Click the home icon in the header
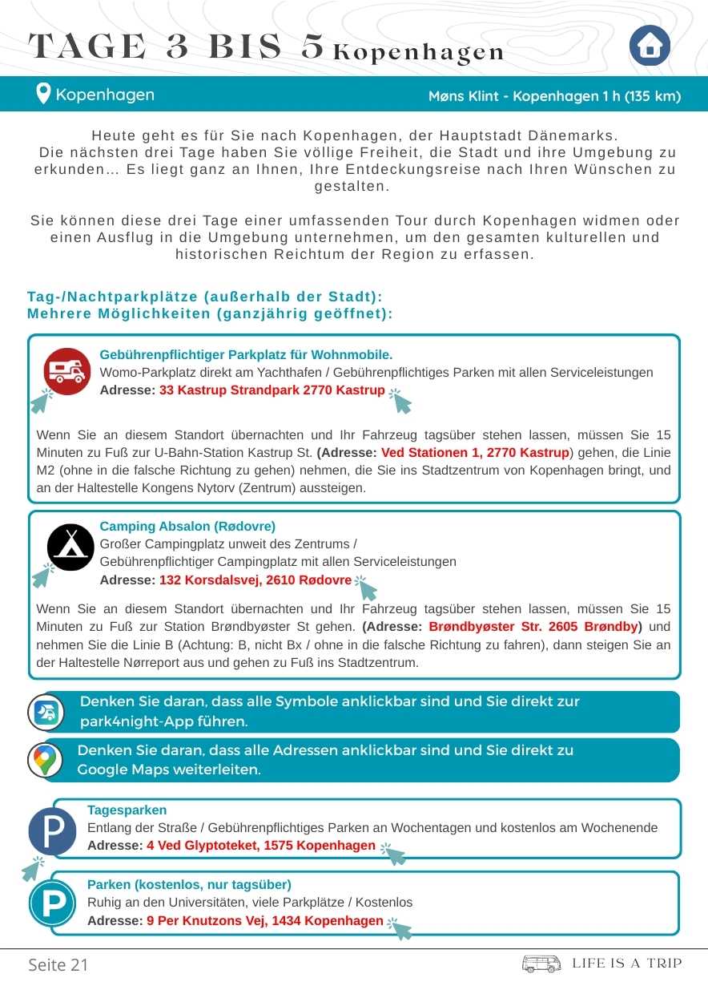(650, 46)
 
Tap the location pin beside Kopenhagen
(43, 95)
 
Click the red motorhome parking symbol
(67, 371)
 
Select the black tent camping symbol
(70, 547)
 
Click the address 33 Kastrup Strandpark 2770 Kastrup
(272, 390)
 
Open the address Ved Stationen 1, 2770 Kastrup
(475, 453)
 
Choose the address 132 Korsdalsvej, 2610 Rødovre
(255, 580)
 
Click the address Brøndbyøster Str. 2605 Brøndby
(533, 626)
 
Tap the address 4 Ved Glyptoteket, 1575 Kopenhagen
(261, 846)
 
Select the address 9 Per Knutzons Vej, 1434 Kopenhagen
(265, 921)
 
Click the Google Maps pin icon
(46, 760)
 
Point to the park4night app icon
(46, 712)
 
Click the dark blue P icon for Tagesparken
(53, 830)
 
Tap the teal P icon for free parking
(53, 903)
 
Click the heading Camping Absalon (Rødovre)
(187, 527)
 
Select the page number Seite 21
(58, 964)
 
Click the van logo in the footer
(541, 964)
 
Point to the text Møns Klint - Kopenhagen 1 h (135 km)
(554, 97)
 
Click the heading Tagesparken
(127, 810)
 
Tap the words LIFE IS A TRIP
(627, 964)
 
